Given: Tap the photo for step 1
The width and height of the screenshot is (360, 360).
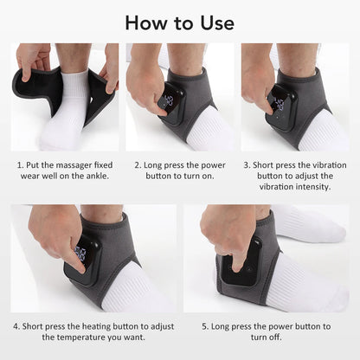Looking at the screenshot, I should tap(64, 97).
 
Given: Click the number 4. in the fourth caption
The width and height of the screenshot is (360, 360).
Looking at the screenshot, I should tap(16, 326).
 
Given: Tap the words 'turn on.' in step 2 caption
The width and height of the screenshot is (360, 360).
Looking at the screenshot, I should tap(195, 175).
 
